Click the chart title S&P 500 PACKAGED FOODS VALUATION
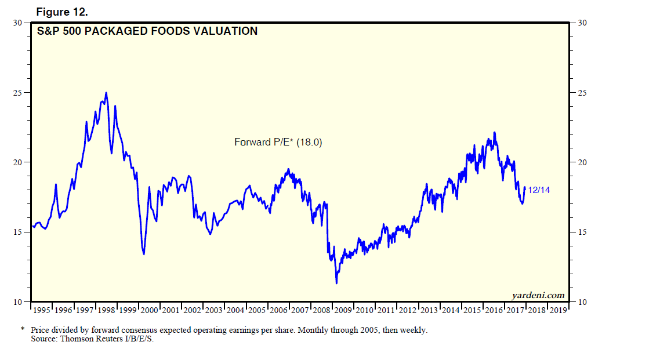coord(147,31)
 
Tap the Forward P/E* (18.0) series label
coord(278,141)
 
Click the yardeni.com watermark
coord(538,296)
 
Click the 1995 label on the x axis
coord(42,311)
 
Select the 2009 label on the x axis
coord(343,311)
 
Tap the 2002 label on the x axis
coord(193,311)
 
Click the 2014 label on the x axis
coord(451,311)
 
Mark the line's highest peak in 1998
coord(106,93)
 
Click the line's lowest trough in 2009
coord(336,283)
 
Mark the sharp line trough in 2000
coord(143,254)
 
